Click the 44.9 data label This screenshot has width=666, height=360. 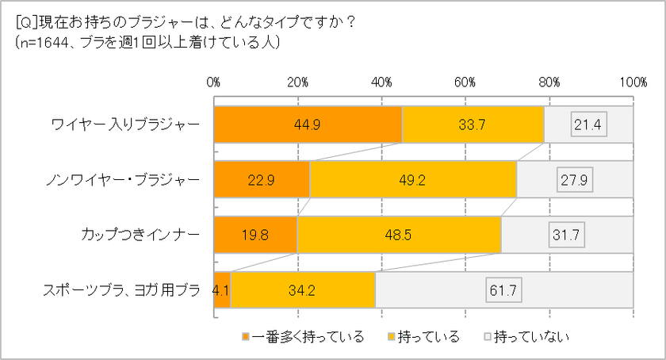pyautogui.click(x=308, y=124)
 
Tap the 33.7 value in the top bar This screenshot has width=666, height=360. pyautogui.click(x=473, y=124)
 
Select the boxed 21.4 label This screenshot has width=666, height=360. pyautogui.click(x=588, y=124)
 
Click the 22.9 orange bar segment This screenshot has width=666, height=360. pyautogui.click(x=262, y=180)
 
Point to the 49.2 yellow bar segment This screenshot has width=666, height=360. pyautogui.click(x=412, y=180)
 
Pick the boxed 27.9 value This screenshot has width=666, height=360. pyautogui.click(x=576, y=180)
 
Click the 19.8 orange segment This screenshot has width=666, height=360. pyautogui.click(x=255, y=235)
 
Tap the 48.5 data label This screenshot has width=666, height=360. pyautogui.click(x=399, y=235)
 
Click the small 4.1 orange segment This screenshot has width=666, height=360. pyautogui.click(x=222, y=290)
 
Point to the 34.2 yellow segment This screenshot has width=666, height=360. pyautogui.click(x=302, y=290)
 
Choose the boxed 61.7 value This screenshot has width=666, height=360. pyautogui.click(x=503, y=290)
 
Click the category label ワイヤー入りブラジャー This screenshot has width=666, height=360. pyautogui.click(x=125, y=124)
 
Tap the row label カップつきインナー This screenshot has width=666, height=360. pyautogui.click(x=136, y=235)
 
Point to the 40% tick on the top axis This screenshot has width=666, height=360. pyautogui.click(x=381, y=82)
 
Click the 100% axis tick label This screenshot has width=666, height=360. pyautogui.click(x=633, y=82)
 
